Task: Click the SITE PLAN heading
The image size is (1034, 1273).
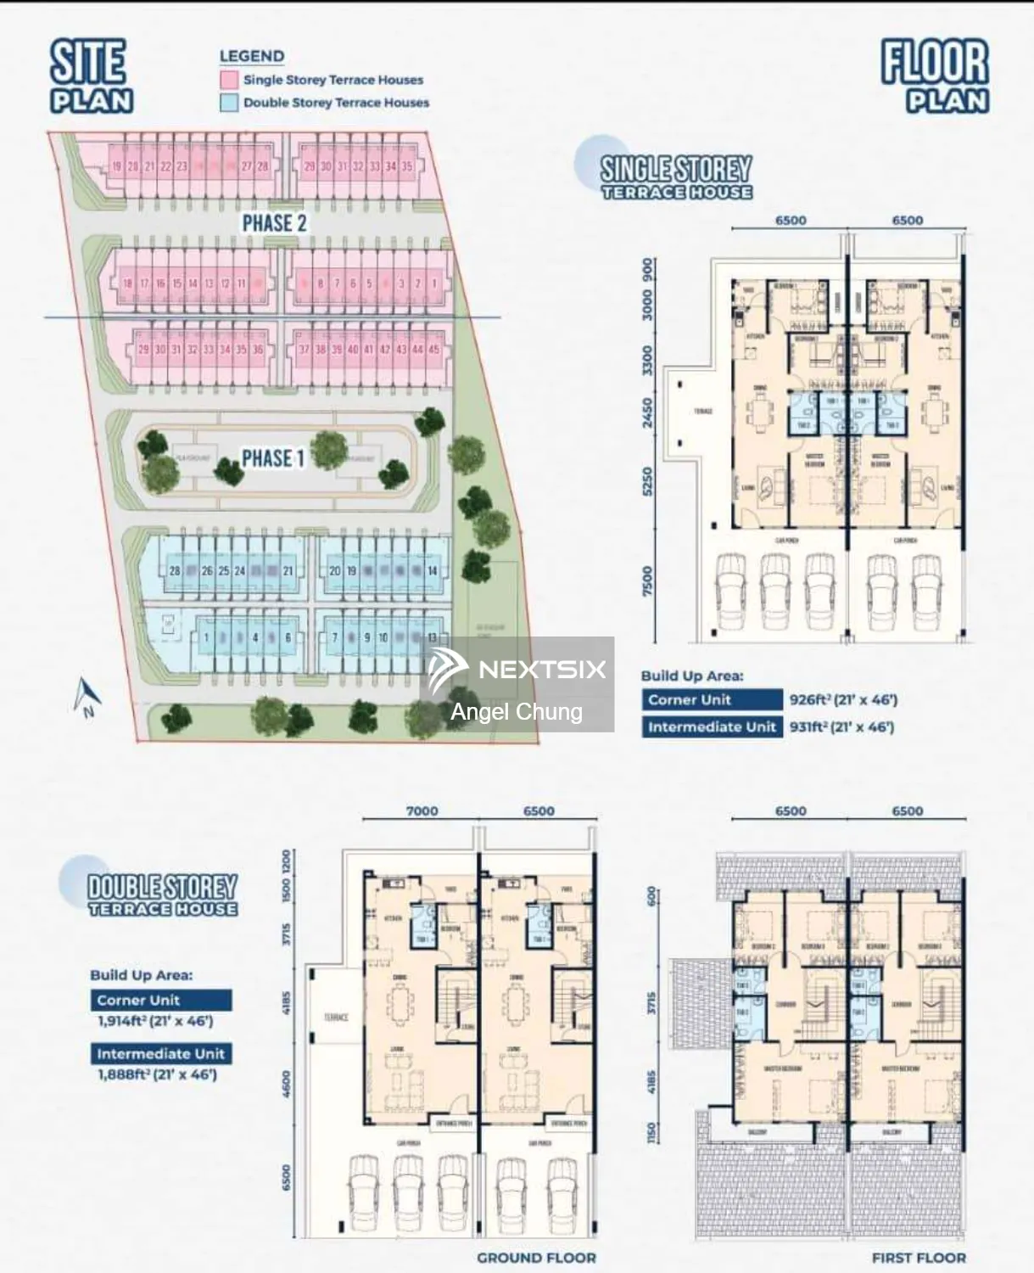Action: (90, 76)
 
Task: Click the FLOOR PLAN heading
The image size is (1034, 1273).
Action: (935, 76)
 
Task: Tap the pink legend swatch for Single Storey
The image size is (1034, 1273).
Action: (228, 80)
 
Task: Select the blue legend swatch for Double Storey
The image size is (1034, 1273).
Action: (228, 103)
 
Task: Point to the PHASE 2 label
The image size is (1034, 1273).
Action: (274, 223)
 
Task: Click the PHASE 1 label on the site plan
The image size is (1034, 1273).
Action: (272, 458)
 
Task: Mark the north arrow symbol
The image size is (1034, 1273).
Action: (87, 698)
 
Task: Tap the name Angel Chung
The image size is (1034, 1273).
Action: (517, 712)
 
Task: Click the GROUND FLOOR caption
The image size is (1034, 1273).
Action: (536, 1258)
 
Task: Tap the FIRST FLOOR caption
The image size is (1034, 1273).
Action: (919, 1258)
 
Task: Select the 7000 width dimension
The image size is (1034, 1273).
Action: (422, 811)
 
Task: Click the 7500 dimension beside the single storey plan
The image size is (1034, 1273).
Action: (648, 582)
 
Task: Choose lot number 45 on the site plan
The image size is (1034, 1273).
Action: (434, 350)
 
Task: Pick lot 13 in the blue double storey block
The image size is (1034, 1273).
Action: (433, 637)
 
